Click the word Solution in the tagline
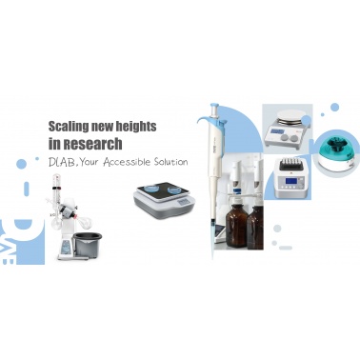(x=170, y=162)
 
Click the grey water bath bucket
(x=88, y=244)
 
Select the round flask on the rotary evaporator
(x=56, y=223)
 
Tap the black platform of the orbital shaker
(x=163, y=190)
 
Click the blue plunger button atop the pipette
(x=215, y=106)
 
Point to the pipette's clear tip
(x=212, y=240)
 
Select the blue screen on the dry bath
(x=290, y=181)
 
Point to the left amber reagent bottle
(x=236, y=225)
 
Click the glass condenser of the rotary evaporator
(x=56, y=191)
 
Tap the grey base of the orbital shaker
(x=164, y=205)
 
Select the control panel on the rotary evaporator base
(x=67, y=247)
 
